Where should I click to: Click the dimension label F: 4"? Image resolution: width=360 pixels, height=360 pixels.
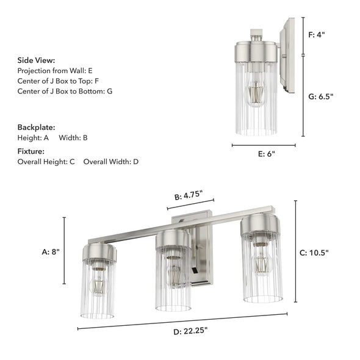pos(317,35)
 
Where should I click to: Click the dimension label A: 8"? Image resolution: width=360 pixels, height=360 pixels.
pos(51,251)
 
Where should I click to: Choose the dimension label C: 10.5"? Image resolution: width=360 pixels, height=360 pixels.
pos(318,253)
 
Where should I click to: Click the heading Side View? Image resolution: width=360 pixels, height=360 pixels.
pos(36,60)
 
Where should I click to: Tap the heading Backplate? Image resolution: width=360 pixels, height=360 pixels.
pos(36,128)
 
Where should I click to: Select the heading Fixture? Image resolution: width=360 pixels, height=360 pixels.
pos(31,151)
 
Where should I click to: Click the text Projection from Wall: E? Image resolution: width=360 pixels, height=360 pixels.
pos(55,71)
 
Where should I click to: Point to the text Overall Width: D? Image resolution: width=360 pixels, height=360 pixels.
pos(111,162)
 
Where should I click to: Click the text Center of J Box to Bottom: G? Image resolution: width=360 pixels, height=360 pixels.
pos(65,91)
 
